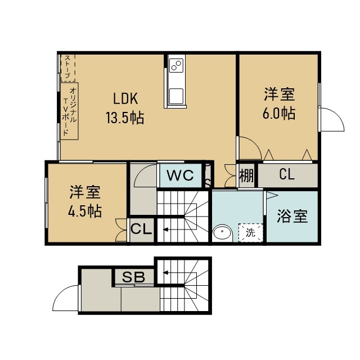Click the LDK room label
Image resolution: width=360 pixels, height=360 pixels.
pos(125,98)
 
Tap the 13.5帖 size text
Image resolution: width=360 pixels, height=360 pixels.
pos(125,118)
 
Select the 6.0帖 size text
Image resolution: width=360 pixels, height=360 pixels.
pos(279,113)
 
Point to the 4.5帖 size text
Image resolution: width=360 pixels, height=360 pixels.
pos(85,211)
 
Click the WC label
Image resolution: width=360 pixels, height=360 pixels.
pos(181,175)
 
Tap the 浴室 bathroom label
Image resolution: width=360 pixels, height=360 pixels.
pos(292,216)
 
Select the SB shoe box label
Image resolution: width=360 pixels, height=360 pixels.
pos(133,277)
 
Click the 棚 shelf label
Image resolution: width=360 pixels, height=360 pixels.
pos(246,176)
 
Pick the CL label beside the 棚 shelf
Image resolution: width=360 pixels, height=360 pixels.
pos(287,174)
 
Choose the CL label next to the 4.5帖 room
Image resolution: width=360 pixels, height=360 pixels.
pos(141,229)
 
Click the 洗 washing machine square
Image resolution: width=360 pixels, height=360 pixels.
pos(251,232)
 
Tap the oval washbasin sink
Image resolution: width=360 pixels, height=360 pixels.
pos(222,233)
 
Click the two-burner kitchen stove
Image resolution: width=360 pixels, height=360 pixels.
pos(176,65)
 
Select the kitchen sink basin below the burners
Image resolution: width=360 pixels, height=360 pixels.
pos(176,96)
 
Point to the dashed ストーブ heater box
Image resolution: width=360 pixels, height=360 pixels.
pos(68,67)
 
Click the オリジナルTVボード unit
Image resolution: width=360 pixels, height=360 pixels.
pos(69,111)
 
